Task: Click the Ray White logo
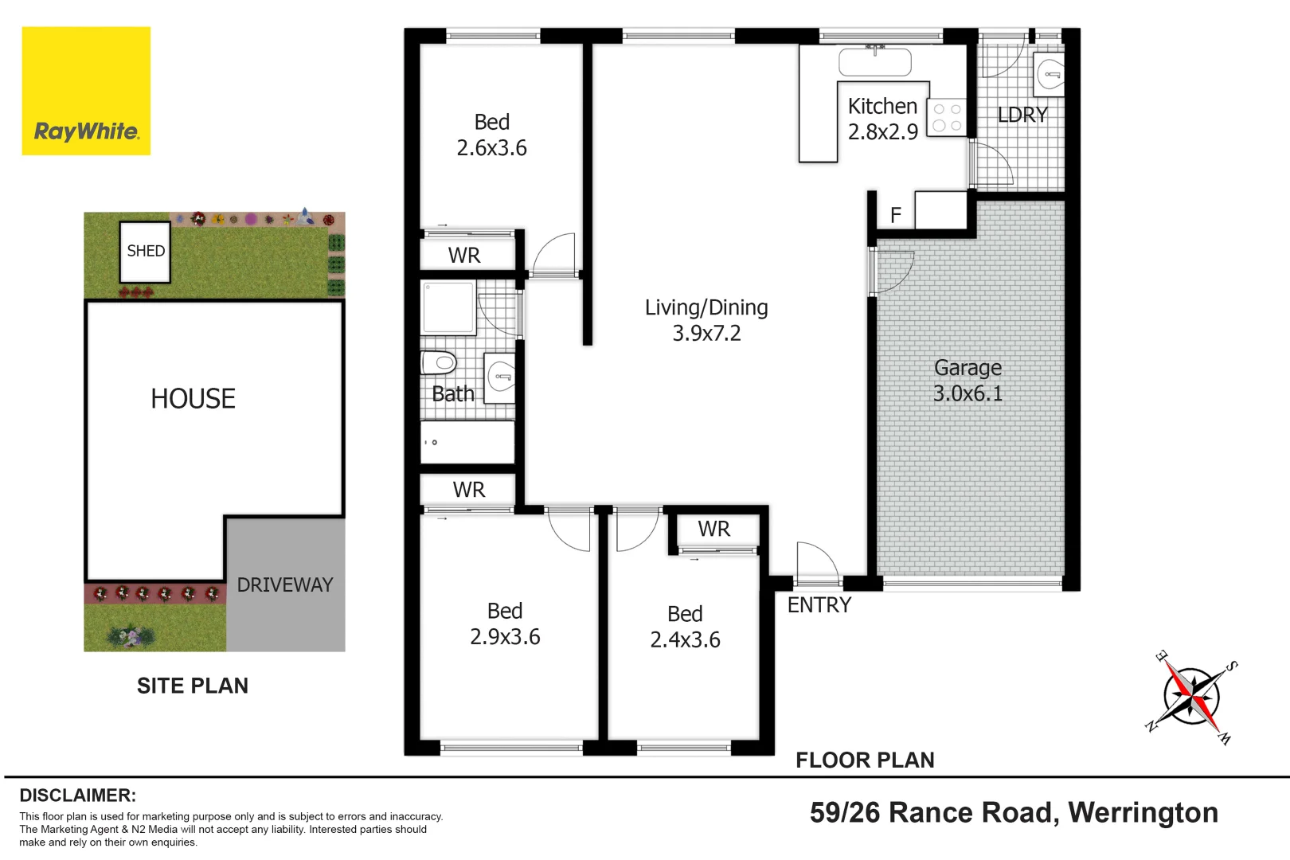[x=86, y=91]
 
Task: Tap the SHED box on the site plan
[x=145, y=252]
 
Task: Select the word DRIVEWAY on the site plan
[x=284, y=585]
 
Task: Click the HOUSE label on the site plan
[x=193, y=399]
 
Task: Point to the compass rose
[x=1191, y=697]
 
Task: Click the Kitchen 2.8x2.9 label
[x=882, y=119]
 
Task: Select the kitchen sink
[x=874, y=62]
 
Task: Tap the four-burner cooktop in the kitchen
[x=947, y=117]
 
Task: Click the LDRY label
[x=1022, y=115]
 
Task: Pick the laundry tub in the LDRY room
[x=1050, y=75]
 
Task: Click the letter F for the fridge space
[x=896, y=215]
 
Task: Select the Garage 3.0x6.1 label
[x=967, y=381]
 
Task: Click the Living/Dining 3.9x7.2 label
[x=706, y=320]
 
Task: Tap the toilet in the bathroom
[x=438, y=363]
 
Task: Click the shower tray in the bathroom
[x=448, y=307]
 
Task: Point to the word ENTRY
[x=819, y=605]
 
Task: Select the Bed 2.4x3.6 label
[x=685, y=627]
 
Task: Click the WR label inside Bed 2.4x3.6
[x=713, y=530]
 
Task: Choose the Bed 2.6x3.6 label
[x=491, y=135]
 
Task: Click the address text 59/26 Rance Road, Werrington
[x=1014, y=812]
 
